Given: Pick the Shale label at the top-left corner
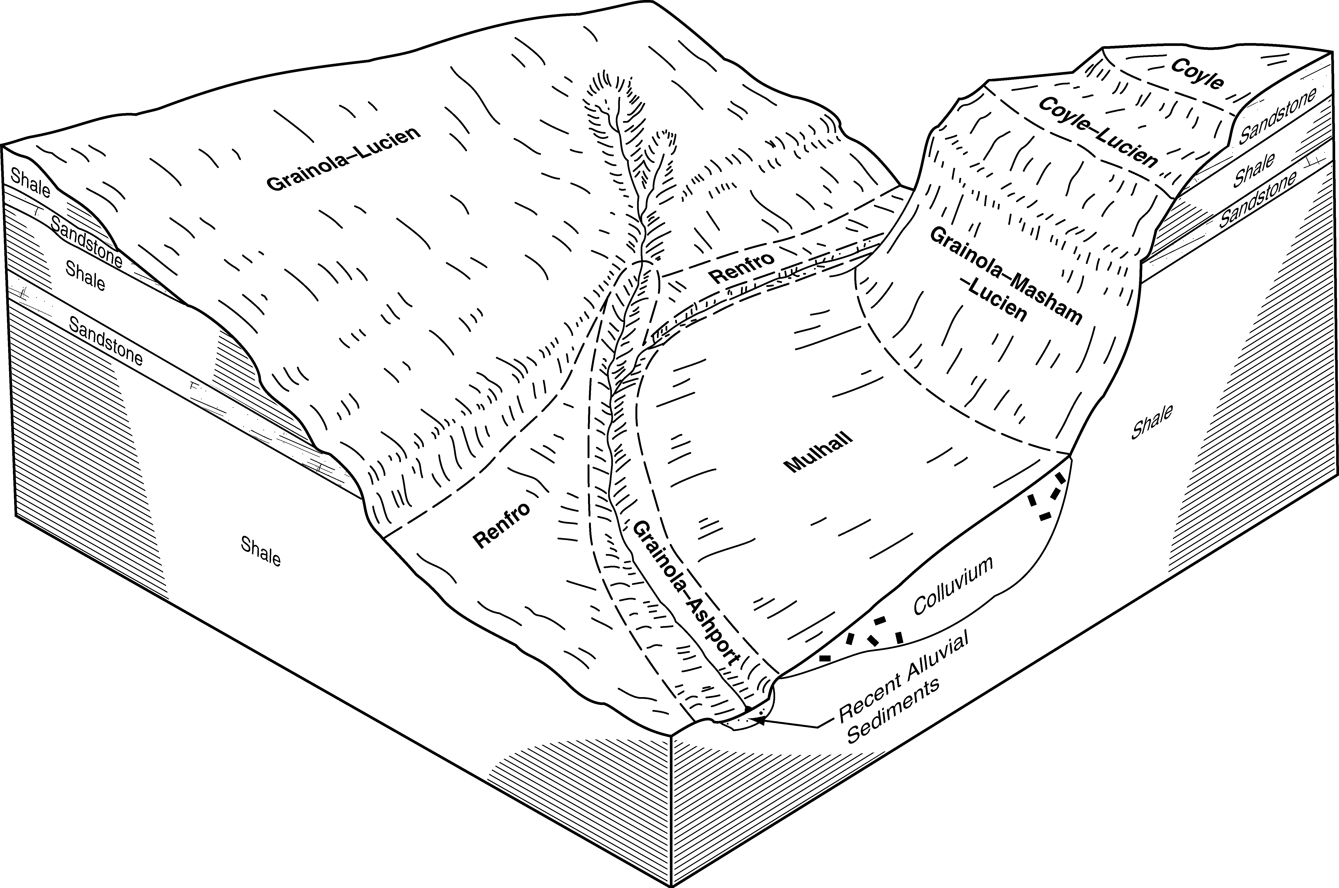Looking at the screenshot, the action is click(31, 183).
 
